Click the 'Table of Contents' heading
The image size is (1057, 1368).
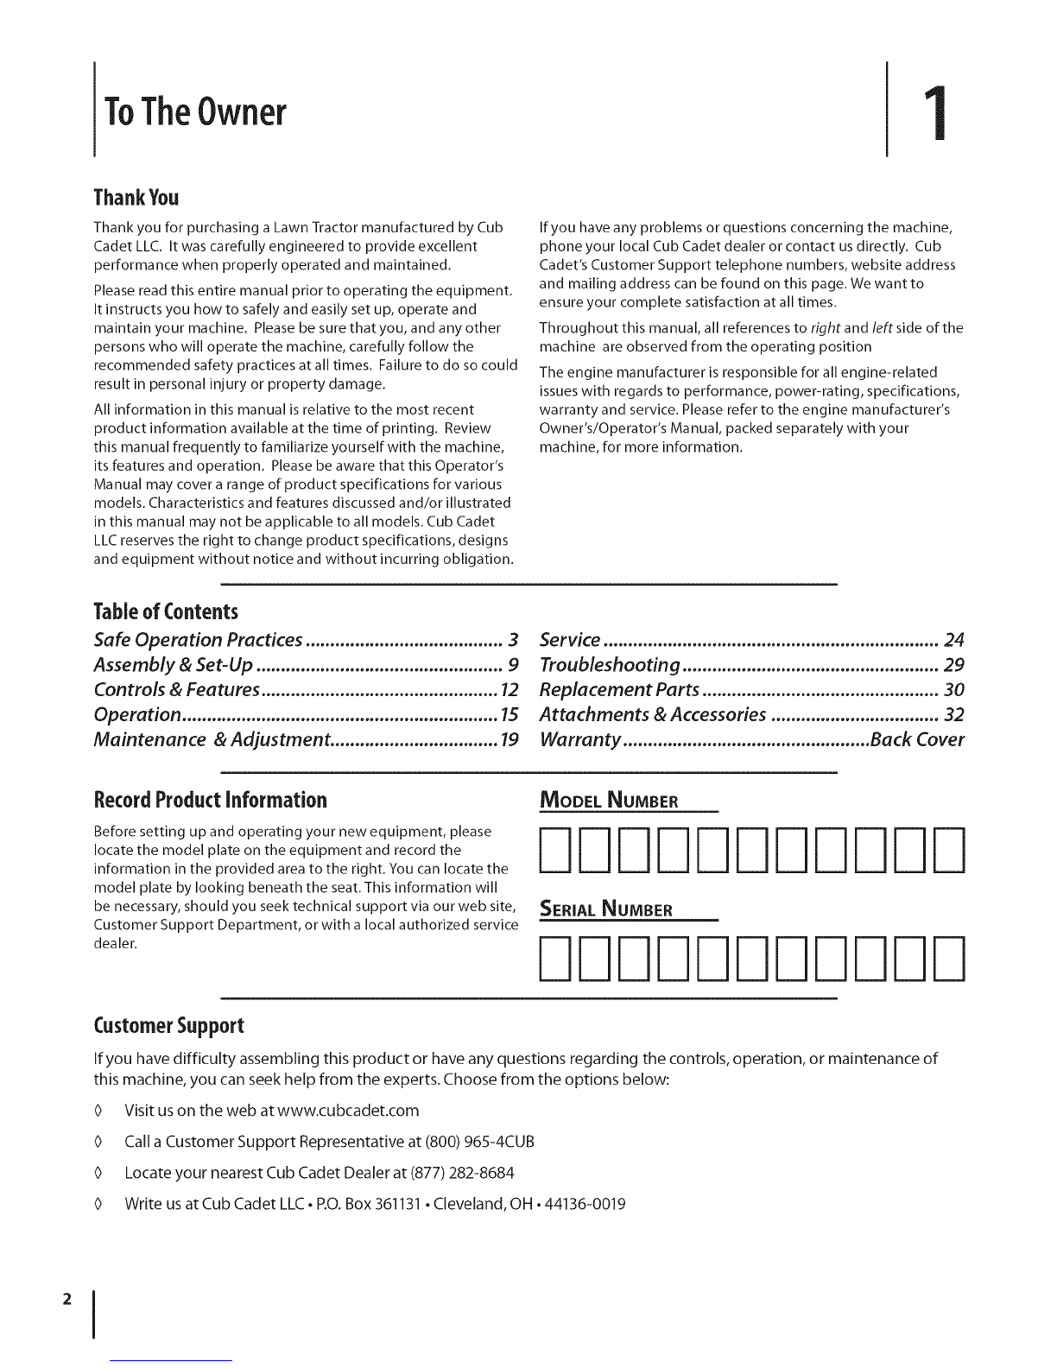[165, 612]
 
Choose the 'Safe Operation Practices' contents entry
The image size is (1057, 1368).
[198, 641]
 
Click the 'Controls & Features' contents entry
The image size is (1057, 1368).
[177, 691]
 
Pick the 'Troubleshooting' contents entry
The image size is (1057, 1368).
[610, 666]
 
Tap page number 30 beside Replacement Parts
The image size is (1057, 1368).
[953, 691]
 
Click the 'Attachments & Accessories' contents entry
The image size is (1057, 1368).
[652, 715]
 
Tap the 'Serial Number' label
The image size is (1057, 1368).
[605, 909]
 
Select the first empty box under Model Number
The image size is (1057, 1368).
[553, 851]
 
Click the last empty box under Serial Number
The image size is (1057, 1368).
[948, 959]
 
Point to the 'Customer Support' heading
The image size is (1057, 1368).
[169, 1026]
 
